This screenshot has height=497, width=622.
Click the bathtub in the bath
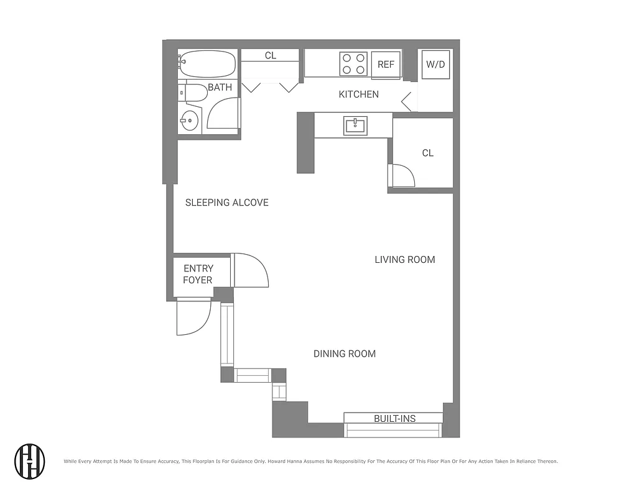tap(208, 63)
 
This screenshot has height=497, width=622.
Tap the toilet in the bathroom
tap(194, 93)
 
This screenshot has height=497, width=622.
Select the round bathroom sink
tap(190, 120)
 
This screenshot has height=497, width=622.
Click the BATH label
tap(220, 88)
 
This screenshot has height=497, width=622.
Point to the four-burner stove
tap(353, 63)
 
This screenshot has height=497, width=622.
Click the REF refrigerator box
tap(386, 65)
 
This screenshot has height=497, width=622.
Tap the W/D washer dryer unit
tap(435, 65)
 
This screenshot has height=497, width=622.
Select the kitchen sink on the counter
tap(356, 125)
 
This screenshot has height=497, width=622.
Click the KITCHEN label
tap(358, 94)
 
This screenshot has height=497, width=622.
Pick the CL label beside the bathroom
tap(271, 56)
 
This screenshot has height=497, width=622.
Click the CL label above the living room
tap(427, 153)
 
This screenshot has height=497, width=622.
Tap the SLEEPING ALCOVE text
tap(227, 203)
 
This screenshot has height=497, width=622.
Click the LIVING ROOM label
tap(404, 260)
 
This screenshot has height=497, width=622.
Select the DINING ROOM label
tap(344, 354)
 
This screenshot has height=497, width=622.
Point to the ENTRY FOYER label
tap(198, 274)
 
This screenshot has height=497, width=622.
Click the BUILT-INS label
tap(394, 419)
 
